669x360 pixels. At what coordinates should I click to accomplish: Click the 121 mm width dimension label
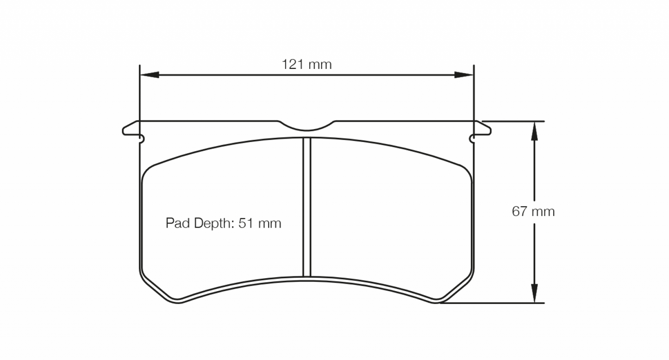tap(306, 64)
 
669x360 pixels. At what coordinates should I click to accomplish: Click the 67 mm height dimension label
tap(533, 211)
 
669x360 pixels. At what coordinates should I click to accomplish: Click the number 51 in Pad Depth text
tap(245, 223)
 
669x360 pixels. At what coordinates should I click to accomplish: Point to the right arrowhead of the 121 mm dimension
tap(463, 74)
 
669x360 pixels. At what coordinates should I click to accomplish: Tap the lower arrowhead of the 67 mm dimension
tap(534, 294)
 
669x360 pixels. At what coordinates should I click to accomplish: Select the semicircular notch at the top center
tap(306, 126)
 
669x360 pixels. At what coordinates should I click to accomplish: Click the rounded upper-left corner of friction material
tap(147, 173)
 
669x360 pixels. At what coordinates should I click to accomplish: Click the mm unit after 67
tap(543, 212)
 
